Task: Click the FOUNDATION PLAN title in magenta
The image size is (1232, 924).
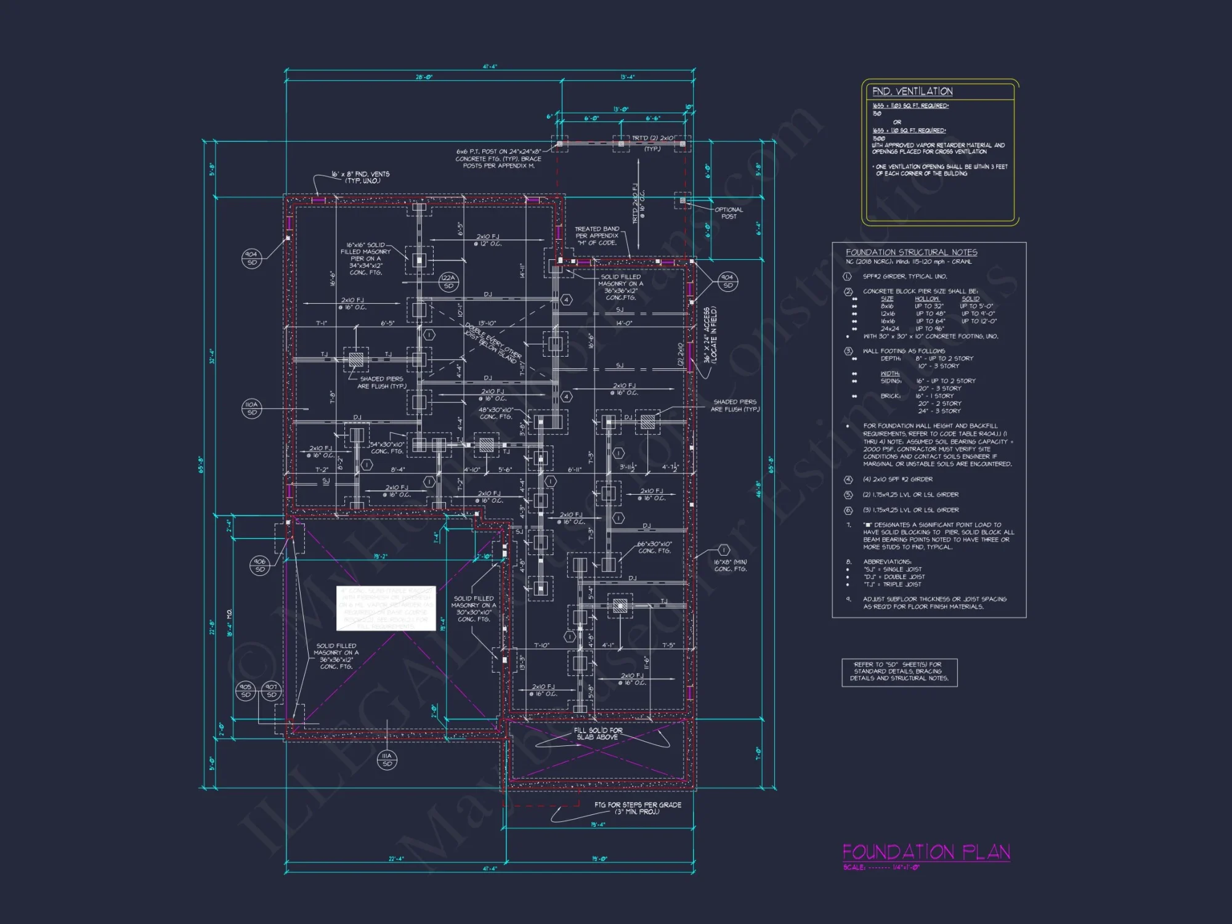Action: click(926, 852)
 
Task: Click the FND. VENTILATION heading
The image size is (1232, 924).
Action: click(912, 91)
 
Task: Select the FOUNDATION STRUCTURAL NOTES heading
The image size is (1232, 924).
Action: click(911, 252)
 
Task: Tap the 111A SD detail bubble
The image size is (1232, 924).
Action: click(387, 760)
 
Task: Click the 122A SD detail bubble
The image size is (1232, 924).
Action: click(448, 282)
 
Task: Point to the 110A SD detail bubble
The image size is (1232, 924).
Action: click(251, 408)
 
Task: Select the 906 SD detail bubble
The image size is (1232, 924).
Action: click(259, 565)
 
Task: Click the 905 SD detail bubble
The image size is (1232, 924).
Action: click(245, 691)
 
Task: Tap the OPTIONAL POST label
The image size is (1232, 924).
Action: click(729, 213)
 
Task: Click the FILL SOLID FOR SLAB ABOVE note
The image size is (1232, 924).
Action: click(598, 733)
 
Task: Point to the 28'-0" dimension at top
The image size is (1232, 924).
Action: click(424, 77)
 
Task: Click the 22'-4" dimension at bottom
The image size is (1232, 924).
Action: click(396, 859)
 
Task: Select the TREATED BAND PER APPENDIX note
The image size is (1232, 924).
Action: click(596, 236)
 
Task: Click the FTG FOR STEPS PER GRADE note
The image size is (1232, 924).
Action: click(638, 808)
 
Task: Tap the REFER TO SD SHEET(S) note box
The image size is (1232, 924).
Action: click(899, 671)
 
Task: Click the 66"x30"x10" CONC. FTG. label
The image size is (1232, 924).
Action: click(654, 548)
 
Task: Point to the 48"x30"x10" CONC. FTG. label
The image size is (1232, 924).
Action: click(495, 413)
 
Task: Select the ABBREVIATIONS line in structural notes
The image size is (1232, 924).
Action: click(887, 562)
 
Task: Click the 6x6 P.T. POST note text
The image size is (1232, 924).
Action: click(498, 158)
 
